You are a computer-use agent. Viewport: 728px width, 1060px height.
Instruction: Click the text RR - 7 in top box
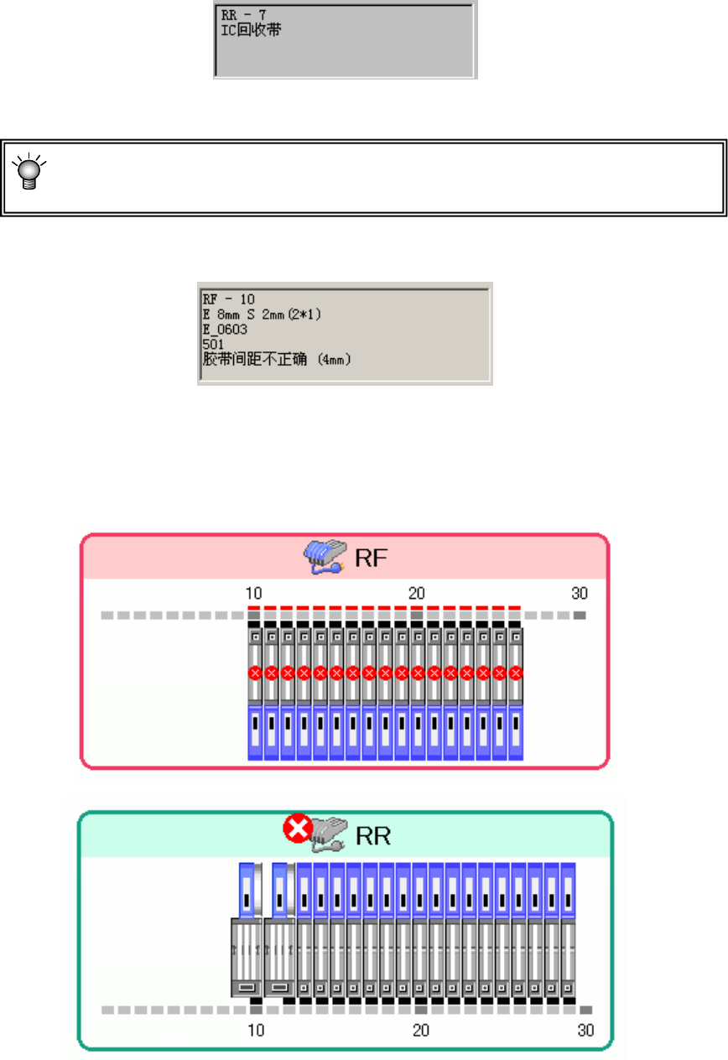242,15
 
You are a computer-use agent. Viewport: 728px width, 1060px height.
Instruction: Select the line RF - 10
228,299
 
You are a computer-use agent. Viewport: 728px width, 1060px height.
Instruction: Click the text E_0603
224,329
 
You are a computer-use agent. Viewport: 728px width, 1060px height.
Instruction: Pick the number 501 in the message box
212,344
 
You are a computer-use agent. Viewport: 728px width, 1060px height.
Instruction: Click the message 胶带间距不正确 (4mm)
277,359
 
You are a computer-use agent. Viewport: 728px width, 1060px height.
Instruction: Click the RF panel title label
371,559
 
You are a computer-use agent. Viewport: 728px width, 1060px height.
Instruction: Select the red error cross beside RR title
297,830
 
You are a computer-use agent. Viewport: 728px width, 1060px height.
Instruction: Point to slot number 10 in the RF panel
253,594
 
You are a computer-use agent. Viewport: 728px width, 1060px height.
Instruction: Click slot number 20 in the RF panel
416,594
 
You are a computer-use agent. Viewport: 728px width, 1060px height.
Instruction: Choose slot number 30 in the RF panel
580,594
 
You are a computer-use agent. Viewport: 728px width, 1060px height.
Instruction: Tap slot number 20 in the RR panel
421,1030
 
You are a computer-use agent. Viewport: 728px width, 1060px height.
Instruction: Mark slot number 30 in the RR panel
585,1030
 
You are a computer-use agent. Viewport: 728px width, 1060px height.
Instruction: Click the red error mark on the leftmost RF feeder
255,673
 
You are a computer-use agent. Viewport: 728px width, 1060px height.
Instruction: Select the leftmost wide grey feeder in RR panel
247,956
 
